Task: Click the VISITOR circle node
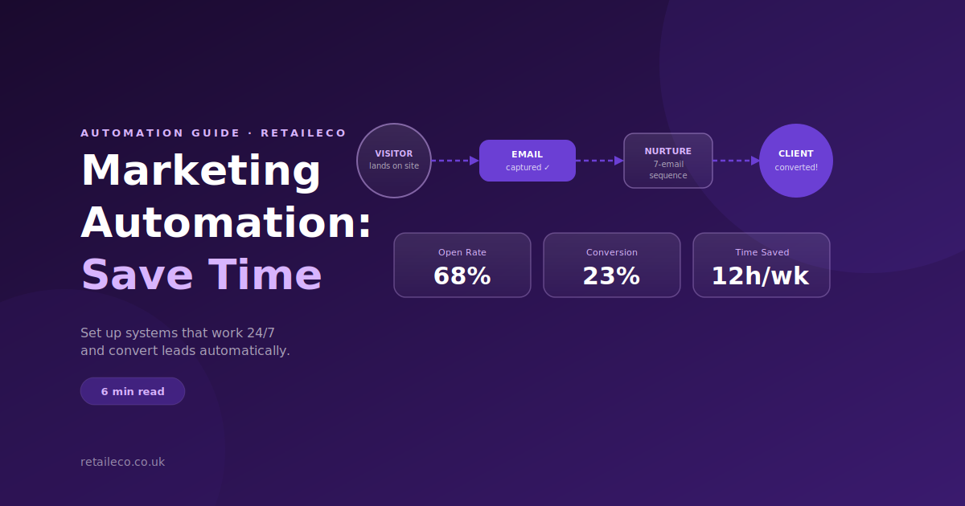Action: tap(394, 161)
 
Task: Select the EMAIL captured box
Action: tap(528, 161)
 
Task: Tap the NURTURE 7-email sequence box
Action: tap(667, 161)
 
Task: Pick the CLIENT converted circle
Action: tap(795, 161)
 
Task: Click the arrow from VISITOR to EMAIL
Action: tap(455, 161)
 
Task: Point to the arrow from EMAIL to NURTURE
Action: tap(600, 161)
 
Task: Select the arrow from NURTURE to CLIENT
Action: tap(737, 161)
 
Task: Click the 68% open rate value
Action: tap(462, 275)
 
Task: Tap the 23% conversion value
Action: tap(611, 275)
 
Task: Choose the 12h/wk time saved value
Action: tap(761, 275)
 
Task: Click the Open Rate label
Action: tap(462, 252)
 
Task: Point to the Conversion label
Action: tap(612, 252)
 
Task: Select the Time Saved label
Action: tap(762, 252)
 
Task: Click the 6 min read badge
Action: tap(133, 391)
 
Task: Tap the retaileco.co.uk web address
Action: tap(123, 462)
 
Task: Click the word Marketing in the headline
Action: tap(201, 170)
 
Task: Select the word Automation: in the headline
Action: tap(226, 223)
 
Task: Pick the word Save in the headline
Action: tap(137, 275)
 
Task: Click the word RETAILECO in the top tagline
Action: tap(303, 133)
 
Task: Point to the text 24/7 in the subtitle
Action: tap(261, 333)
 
